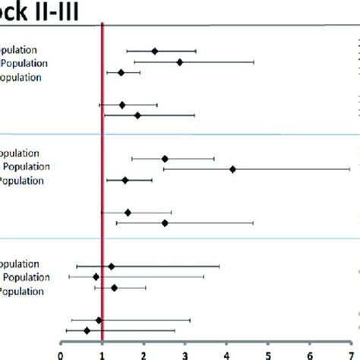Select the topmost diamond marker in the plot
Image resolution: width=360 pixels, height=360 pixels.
(155, 52)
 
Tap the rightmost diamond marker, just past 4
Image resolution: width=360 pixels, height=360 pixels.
(232, 169)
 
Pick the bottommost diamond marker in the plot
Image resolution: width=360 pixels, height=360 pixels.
(87, 330)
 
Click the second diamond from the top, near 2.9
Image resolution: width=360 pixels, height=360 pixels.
(179, 62)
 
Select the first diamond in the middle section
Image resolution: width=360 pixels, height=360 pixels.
(165, 159)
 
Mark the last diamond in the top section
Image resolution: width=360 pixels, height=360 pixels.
(137, 115)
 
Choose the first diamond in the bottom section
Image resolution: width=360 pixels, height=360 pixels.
(111, 267)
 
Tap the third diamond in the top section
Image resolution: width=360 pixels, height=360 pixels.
(121, 73)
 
